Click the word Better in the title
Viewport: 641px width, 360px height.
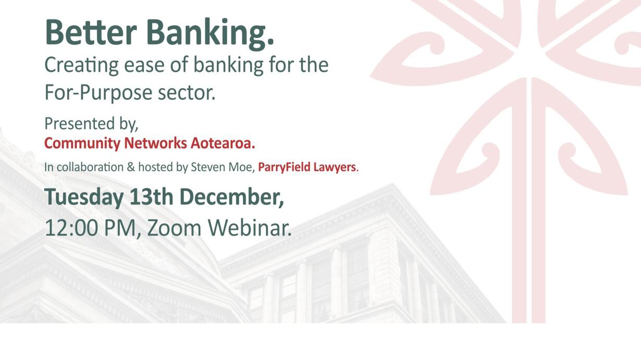click(x=91, y=32)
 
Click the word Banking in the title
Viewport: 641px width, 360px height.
click(x=210, y=34)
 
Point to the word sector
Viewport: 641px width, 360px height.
click(x=186, y=94)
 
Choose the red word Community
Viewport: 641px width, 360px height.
click(x=82, y=144)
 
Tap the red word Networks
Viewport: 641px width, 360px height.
click(x=155, y=143)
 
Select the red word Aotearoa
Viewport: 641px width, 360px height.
click(x=223, y=143)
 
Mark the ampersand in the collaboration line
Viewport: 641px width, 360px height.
click(x=130, y=167)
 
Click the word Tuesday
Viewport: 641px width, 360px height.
click(x=84, y=198)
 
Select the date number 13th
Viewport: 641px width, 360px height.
click(x=151, y=197)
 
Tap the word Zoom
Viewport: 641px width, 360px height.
click(x=174, y=228)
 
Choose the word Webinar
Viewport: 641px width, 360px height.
click(x=250, y=228)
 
